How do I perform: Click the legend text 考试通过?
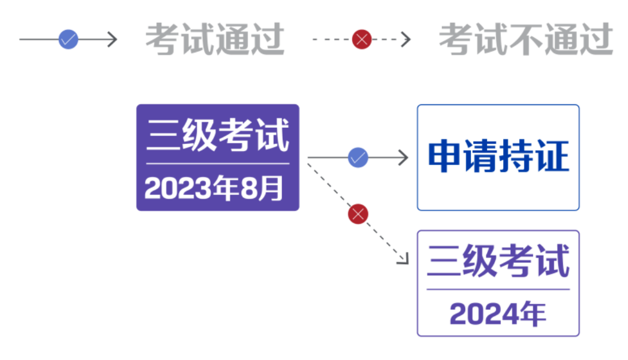(x=215, y=40)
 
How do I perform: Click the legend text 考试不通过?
(x=525, y=40)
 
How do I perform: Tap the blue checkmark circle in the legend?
(x=68, y=39)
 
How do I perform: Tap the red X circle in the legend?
(x=361, y=39)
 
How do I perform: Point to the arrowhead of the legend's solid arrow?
(x=113, y=39)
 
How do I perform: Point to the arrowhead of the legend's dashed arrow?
(x=407, y=39)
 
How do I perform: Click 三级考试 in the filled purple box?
(x=218, y=136)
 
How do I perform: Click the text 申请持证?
(x=498, y=156)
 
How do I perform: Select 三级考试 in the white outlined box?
(x=498, y=261)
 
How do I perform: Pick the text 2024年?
(x=497, y=314)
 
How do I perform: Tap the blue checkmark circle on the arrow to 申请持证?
(x=358, y=157)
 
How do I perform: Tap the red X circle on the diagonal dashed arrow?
(x=358, y=214)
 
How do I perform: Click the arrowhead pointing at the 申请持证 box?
(x=404, y=157)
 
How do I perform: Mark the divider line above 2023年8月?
(x=218, y=164)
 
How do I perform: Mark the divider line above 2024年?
(x=498, y=289)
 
